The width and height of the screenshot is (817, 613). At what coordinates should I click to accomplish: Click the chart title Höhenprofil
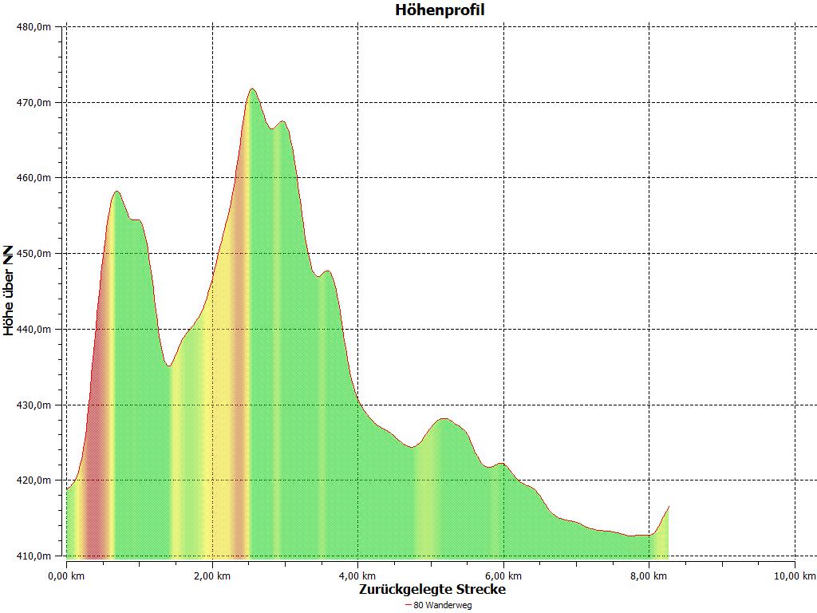[x=440, y=10]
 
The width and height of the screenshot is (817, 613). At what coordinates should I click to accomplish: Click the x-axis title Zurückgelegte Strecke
[x=432, y=589]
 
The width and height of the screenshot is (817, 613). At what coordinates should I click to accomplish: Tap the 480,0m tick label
[x=34, y=26]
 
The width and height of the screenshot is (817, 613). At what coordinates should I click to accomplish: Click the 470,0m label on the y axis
[x=34, y=102]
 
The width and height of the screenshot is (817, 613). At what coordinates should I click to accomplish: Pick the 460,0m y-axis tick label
[x=34, y=178]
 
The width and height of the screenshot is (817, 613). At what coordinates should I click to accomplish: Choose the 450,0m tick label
[x=34, y=254]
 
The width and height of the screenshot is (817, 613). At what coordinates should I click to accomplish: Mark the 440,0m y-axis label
[x=34, y=329]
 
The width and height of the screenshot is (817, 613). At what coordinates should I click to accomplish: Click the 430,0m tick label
[x=34, y=405]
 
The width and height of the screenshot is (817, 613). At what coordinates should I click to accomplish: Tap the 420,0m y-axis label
[x=34, y=481]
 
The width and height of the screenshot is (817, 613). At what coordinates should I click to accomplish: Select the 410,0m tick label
[x=34, y=556]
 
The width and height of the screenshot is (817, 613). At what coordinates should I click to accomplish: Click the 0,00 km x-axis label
[x=67, y=575]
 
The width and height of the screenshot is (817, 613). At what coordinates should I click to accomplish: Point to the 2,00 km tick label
[x=212, y=575]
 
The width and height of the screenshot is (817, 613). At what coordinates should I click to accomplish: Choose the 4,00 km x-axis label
[x=358, y=575]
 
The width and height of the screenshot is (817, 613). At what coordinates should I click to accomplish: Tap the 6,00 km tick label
[x=503, y=575]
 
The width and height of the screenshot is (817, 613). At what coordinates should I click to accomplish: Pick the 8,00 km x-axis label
[x=649, y=575]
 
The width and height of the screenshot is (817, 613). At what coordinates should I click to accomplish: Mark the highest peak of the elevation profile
[x=252, y=89]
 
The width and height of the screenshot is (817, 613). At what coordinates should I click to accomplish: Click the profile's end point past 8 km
[x=669, y=506]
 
